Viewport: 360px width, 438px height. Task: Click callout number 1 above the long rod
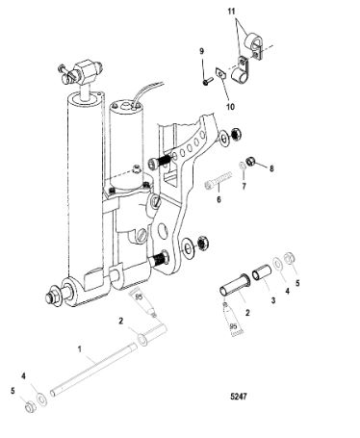tap(80, 348)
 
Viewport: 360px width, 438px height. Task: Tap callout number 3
tap(273, 300)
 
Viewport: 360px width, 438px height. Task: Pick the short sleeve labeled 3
tap(262, 272)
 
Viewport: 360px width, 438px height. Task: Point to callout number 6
tap(219, 199)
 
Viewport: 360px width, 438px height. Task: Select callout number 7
tap(244, 186)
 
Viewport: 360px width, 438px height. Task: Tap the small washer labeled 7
tap(244, 167)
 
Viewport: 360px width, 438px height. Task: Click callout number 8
tap(271, 168)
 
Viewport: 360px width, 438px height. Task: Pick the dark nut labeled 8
tap(251, 161)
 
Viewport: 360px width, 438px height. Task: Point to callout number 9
tap(201, 51)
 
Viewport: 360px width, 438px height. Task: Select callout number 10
tap(230, 106)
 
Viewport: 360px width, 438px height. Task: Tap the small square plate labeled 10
tap(219, 74)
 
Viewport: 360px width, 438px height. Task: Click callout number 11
tap(231, 12)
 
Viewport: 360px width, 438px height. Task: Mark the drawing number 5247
tap(239, 397)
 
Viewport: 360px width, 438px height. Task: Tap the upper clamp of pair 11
tap(258, 47)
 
